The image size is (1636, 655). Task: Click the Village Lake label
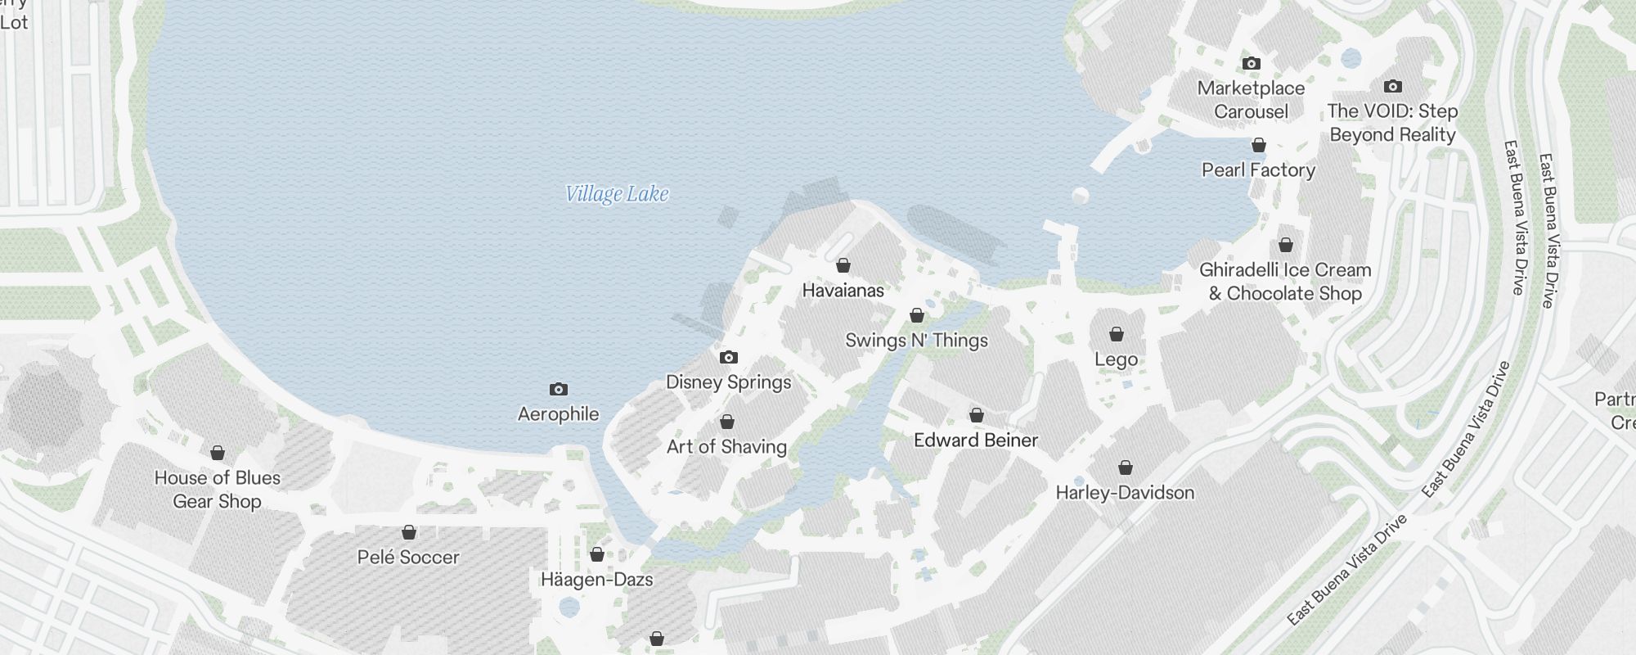pos(617,194)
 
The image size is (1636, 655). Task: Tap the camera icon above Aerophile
pos(558,389)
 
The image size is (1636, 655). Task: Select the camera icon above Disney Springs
pos(728,357)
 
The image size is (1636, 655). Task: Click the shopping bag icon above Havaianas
pos(843,265)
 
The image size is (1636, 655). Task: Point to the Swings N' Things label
pos(916,341)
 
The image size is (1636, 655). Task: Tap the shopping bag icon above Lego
pos(1116,334)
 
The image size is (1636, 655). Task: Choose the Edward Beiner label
pos(976,440)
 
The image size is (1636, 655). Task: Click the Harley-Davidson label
pos(1125,493)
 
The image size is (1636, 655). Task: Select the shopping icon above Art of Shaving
pos(726,422)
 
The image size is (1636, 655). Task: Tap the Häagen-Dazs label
pos(596,580)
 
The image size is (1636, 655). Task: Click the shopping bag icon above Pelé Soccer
pos(409,532)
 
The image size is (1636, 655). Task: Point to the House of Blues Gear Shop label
pos(218,490)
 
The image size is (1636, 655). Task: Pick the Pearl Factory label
pos(1258,170)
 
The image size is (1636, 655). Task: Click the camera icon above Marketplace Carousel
pos(1251,63)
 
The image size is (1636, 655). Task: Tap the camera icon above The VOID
pos(1392,86)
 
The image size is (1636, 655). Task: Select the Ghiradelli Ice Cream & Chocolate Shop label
pos(1285,282)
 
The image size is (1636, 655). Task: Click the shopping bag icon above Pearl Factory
pos(1258,145)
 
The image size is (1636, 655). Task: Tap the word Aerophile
pos(558,414)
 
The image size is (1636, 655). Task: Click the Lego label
pos(1116,359)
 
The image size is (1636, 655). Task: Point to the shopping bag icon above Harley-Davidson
pos(1125,468)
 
